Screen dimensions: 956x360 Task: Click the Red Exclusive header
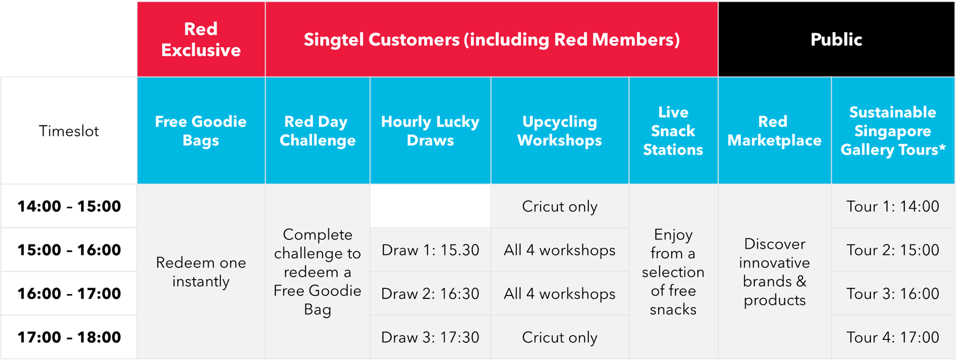201,39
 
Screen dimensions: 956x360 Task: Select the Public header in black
836,39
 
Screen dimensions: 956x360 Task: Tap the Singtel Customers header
492,40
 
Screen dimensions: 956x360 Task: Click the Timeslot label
69,131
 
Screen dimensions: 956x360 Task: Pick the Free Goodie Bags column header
201,131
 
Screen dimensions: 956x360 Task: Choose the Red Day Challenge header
317,131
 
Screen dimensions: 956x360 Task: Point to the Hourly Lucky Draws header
430,131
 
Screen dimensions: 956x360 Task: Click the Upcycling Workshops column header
560,131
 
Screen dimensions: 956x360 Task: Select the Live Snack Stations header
673,131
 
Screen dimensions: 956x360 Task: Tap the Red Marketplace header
774,131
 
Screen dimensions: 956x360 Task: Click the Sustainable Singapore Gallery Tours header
893,131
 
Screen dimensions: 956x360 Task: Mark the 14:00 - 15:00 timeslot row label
69,206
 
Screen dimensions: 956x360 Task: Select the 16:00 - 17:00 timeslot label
69,293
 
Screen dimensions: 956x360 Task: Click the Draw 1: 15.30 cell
430,250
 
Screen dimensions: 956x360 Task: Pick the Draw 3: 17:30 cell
430,337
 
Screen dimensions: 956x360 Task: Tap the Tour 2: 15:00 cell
893,250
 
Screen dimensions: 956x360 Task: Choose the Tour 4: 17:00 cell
893,337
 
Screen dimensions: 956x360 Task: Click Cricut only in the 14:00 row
560,207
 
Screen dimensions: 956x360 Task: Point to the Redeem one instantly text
201,272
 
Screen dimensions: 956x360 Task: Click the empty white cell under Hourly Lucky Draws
430,206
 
